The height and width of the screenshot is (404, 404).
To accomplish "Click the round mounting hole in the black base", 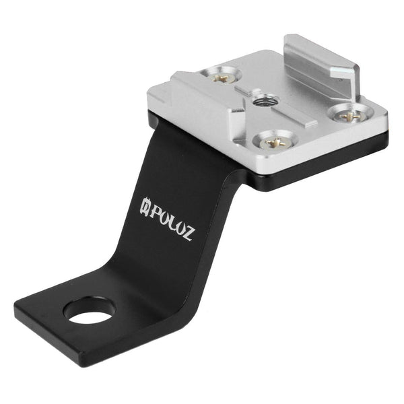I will click(x=89, y=310).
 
